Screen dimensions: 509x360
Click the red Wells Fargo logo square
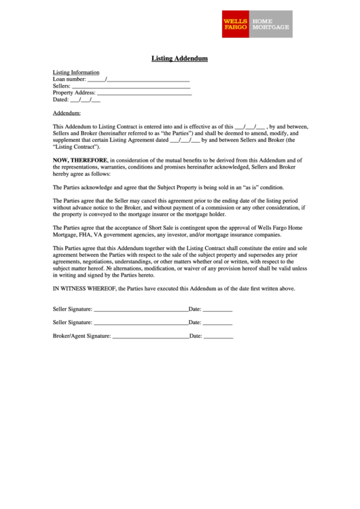click(236, 24)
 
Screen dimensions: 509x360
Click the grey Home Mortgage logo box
click(271, 24)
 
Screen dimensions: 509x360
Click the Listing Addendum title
click(179, 58)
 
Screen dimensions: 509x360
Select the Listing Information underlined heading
click(76, 72)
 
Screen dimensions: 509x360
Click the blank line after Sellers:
click(130, 87)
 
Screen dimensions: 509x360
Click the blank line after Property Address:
click(145, 93)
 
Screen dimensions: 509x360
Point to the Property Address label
click(74, 92)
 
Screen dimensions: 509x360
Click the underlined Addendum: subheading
click(67, 113)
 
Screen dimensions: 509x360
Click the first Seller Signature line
click(140, 310)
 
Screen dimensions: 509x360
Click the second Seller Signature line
click(140, 323)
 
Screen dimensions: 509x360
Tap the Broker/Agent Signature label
click(81, 336)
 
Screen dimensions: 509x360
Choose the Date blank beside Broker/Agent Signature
click(218, 337)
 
